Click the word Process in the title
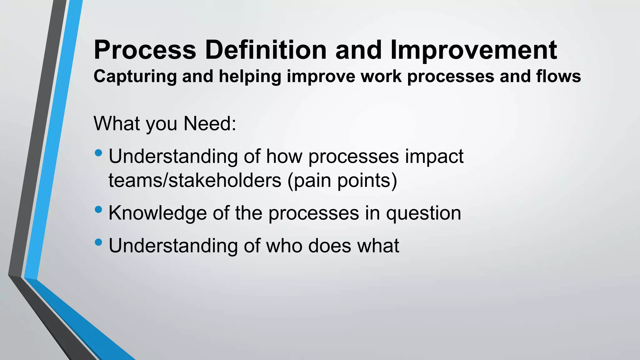(145, 50)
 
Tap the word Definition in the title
(266, 50)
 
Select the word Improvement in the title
(473, 50)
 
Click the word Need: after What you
(210, 124)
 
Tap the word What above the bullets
(117, 124)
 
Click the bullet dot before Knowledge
(98, 209)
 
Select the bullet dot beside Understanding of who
(98, 242)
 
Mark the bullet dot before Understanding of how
(98, 153)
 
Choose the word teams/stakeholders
(195, 181)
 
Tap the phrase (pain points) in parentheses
(342, 181)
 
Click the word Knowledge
(157, 213)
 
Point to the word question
(423, 214)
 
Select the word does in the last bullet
(329, 246)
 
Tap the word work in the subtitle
(381, 77)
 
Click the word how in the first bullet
(284, 156)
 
